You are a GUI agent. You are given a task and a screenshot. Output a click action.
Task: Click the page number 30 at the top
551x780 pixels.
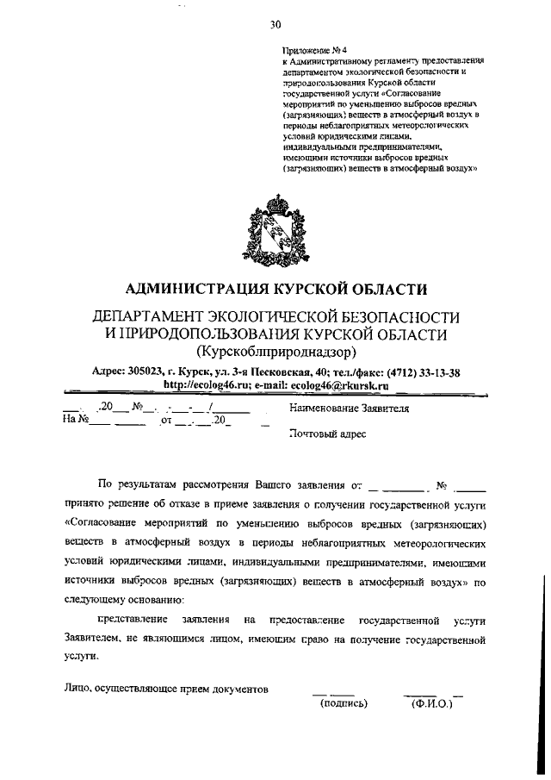(x=275, y=23)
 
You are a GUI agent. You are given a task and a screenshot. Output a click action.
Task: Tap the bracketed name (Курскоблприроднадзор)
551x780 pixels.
(x=275, y=352)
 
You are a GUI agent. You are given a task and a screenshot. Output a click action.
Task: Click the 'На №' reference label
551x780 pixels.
(x=77, y=421)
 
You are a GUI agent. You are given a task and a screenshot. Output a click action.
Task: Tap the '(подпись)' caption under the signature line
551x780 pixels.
(x=344, y=703)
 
